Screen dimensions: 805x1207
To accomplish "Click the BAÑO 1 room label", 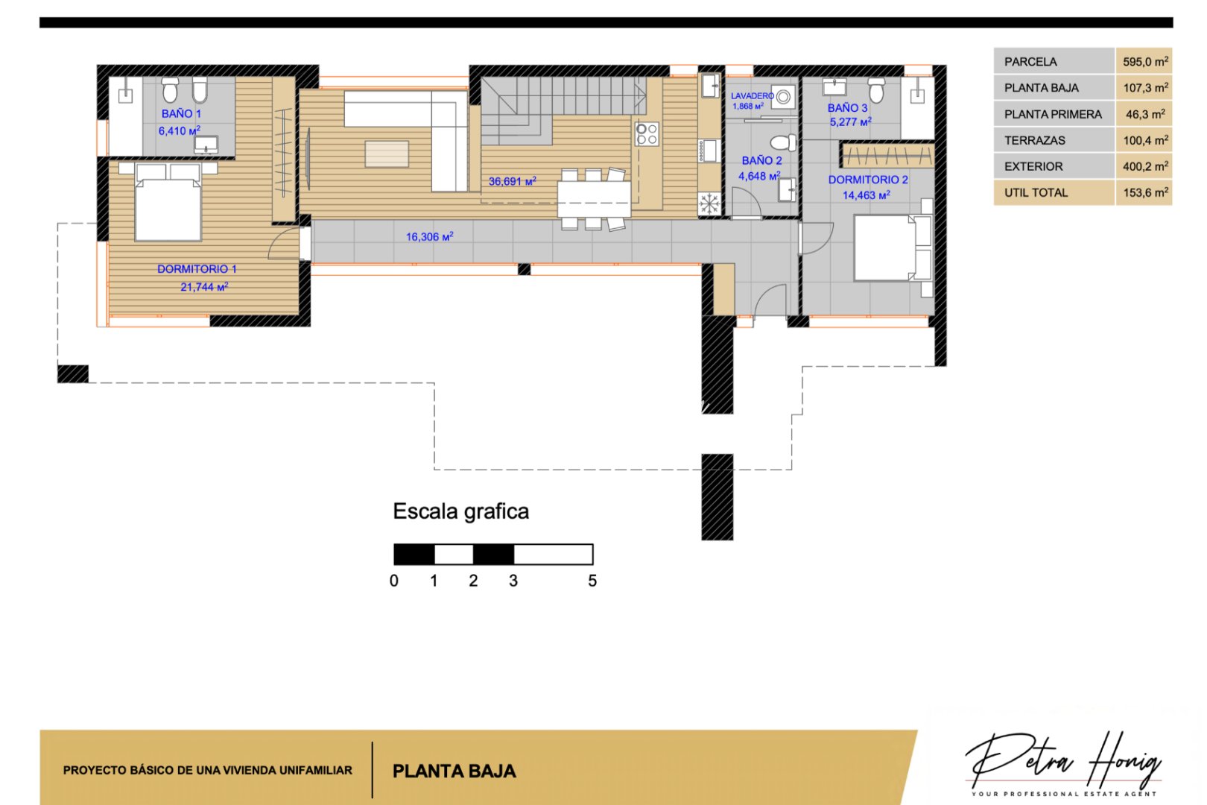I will pos(181,113).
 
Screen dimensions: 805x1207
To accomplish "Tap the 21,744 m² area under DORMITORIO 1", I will pos(203,287).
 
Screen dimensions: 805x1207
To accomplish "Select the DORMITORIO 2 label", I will pos(868,180).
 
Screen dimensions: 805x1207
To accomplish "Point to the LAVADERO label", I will pos(751,96).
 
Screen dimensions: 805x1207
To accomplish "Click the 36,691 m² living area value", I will pos(512,181).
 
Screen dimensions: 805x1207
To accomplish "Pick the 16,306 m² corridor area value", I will pos(429,237).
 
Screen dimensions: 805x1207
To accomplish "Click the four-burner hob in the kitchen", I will pos(647,134).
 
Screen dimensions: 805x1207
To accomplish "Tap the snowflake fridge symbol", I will pos(709,203).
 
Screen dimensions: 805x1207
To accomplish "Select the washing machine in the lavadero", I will pos(782,97).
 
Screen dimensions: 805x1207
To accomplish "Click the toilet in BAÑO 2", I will pos(782,142).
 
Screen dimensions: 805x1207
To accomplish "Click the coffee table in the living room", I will pos(387,154).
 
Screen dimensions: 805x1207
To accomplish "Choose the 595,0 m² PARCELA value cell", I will pos(1144,62).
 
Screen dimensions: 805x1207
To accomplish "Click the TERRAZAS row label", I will pos(1034,140).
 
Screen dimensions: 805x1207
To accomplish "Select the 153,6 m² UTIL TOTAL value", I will pos(1144,192).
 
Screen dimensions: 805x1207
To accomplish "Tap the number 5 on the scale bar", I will pos(592,581).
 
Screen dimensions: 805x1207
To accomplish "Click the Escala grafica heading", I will pos(460,511).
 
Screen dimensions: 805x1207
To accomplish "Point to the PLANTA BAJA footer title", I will pos(454,771).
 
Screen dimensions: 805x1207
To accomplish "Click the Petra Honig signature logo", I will pos(1063,760).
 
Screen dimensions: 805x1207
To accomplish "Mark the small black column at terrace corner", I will pos(73,374).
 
